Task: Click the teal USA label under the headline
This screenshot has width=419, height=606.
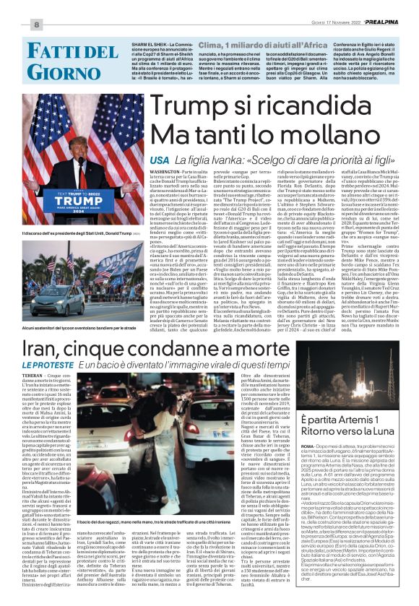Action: tap(160, 159)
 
